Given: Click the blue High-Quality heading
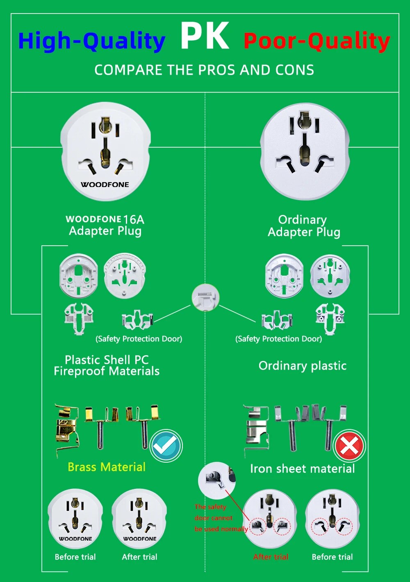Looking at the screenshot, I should [x=91, y=41].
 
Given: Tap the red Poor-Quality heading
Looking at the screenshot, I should [x=317, y=41].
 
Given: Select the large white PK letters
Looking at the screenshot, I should [x=205, y=36].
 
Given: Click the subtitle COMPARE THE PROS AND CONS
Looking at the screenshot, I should [x=204, y=70].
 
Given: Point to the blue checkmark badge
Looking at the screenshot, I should [x=166, y=446].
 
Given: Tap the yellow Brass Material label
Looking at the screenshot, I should [x=107, y=467].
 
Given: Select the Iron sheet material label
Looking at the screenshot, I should [x=302, y=469].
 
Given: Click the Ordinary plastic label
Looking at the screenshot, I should [x=303, y=365].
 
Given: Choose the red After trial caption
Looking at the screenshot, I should [x=271, y=557].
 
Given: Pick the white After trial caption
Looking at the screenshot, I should [x=139, y=557].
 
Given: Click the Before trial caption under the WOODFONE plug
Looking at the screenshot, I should [x=75, y=557].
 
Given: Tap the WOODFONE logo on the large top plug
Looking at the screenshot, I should [x=105, y=185].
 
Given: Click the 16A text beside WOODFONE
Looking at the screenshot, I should [x=134, y=219].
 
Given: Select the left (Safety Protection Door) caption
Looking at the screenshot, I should [x=139, y=339].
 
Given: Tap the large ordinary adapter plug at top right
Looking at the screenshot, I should [x=304, y=152].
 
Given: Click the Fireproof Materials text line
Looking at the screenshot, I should [x=107, y=371].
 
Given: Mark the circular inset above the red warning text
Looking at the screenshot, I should [x=216, y=479].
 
